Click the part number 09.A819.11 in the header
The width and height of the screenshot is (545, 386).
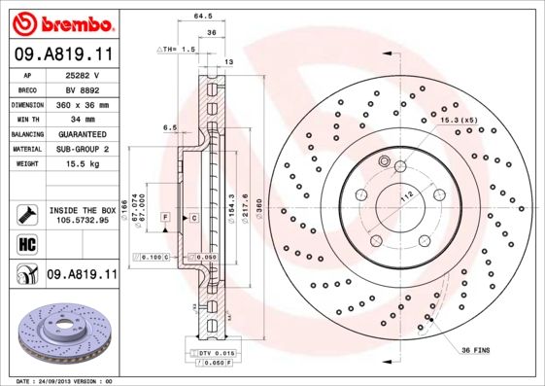click(x=62, y=54)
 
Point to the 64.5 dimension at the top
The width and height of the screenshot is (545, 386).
click(x=203, y=17)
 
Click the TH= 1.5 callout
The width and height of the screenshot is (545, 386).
click(x=177, y=48)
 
